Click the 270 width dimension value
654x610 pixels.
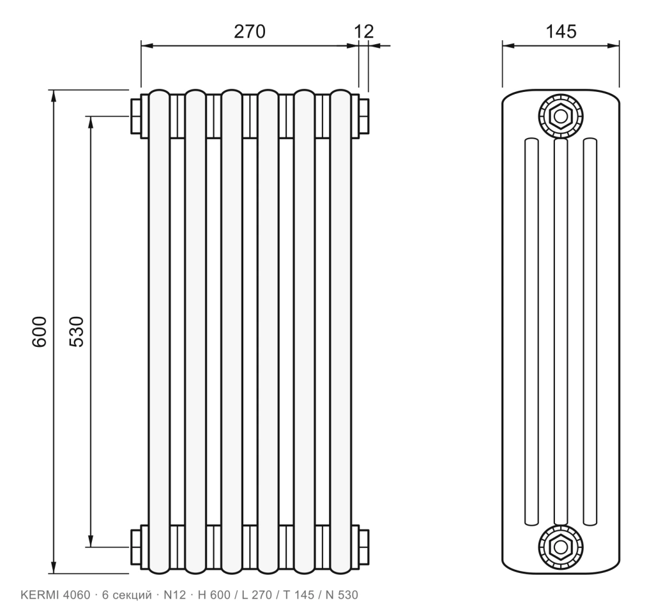click(x=250, y=32)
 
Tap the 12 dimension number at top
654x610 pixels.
click(x=364, y=32)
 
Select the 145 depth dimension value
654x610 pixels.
click(x=561, y=32)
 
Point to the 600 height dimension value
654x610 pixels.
click(x=40, y=332)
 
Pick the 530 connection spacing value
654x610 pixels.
click(x=77, y=332)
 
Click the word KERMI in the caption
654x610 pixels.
click(x=40, y=595)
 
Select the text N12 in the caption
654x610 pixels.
click(x=174, y=595)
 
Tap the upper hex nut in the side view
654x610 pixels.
click(x=561, y=116)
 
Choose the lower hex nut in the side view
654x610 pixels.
click(x=561, y=547)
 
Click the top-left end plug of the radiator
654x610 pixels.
click(x=136, y=116)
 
